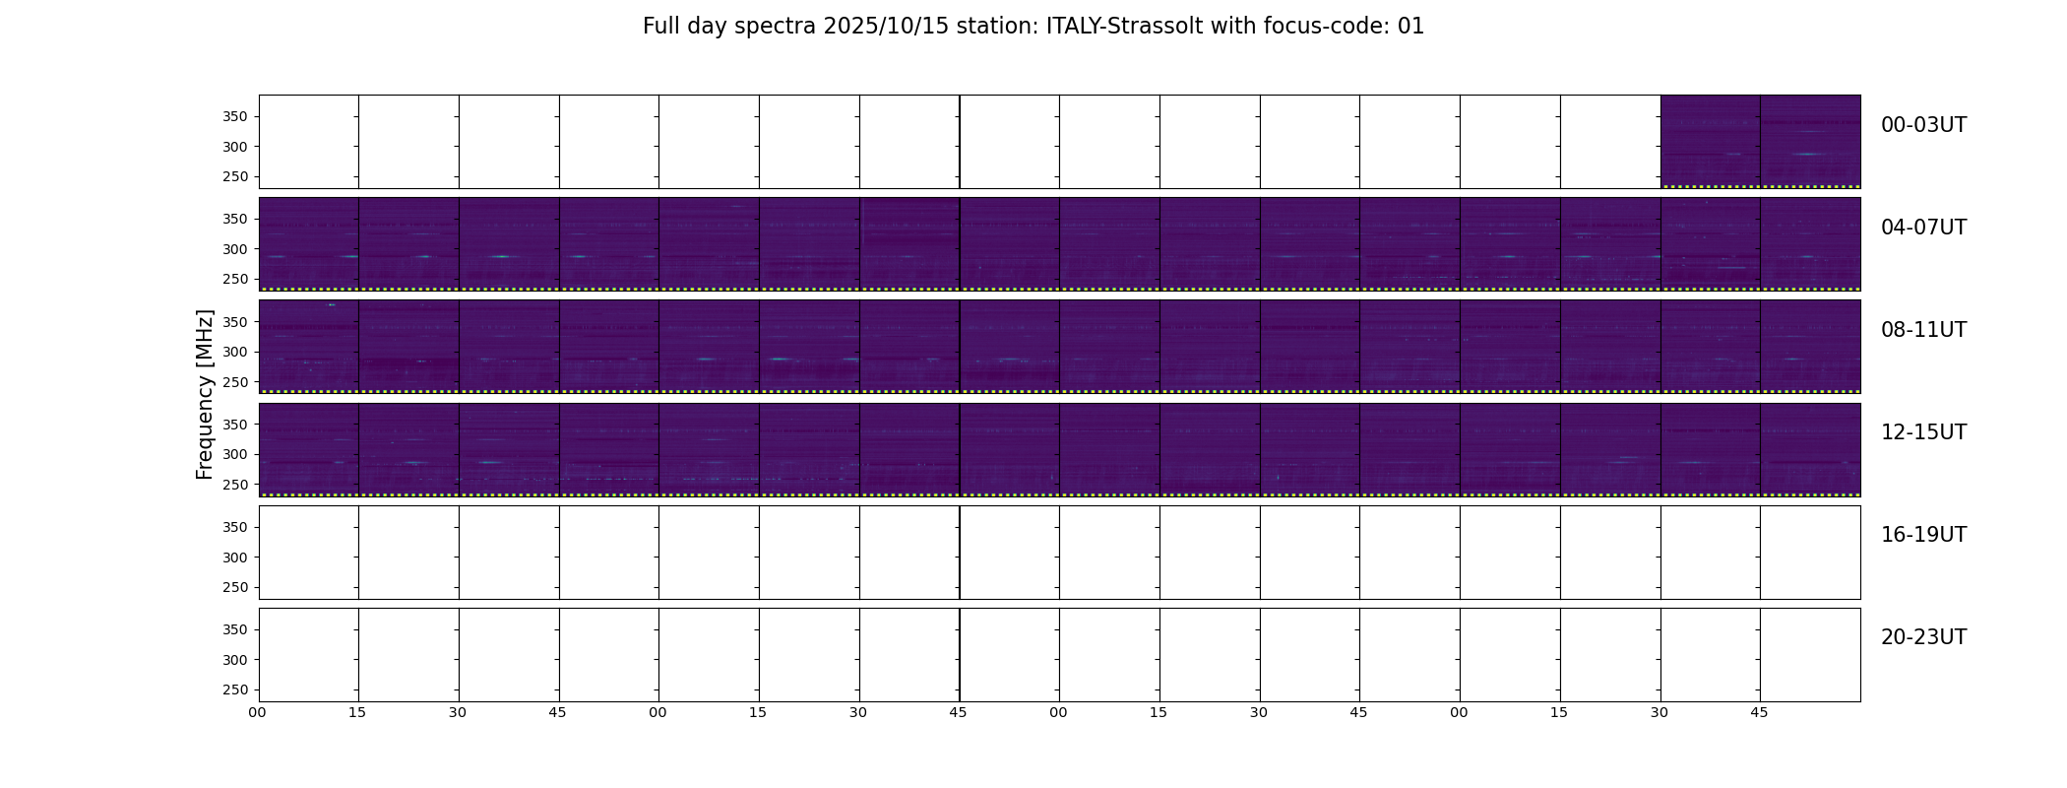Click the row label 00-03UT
pos(1923,125)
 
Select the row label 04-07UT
pos(1923,228)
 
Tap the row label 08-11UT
pos(1923,330)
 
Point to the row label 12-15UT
pos(1923,432)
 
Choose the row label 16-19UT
pos(1923,535)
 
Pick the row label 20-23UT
pos(1923,637)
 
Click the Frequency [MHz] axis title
pos(205,394)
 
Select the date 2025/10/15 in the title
pos(886,27)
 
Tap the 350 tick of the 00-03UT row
pos(234,117)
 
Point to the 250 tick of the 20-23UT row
pos(234,689)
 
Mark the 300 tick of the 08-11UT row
pos(234,352)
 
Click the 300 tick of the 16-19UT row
pos(234,558)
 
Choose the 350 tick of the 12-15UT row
pos(234,425)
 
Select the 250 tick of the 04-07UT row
pos(234,279)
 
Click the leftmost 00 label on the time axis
pos(257,713)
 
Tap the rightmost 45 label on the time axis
pos(1759,713)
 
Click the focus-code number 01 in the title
pos(1410,27)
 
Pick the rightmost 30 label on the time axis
pos(1660,713)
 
